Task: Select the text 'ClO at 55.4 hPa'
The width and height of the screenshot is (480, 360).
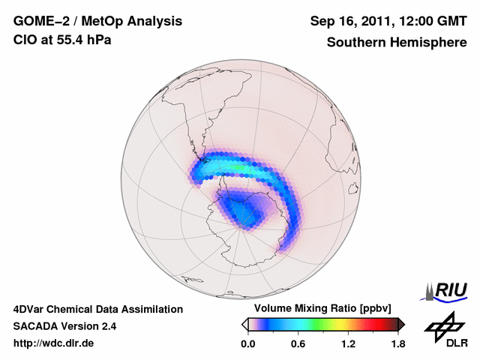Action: pyautogui.click(x=62, y=40)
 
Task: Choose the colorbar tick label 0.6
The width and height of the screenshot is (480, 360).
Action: pyautogui.click(x=298, y=344)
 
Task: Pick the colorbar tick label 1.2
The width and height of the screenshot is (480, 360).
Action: pyautogui.click(x=348, y=344)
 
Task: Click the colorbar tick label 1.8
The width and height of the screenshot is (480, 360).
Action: pyautogui.click(x=398, y=344)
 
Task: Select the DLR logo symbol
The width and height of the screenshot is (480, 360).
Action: pyautogui.click(x=442, y=325)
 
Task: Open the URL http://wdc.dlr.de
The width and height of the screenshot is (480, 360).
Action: pyautogui.click(x=54, y=344)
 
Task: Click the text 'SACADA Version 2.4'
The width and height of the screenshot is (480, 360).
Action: pyautogui.click(x=64, y=326)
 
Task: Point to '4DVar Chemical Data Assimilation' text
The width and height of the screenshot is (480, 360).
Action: pyautogui.click(x=97, y=309)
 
